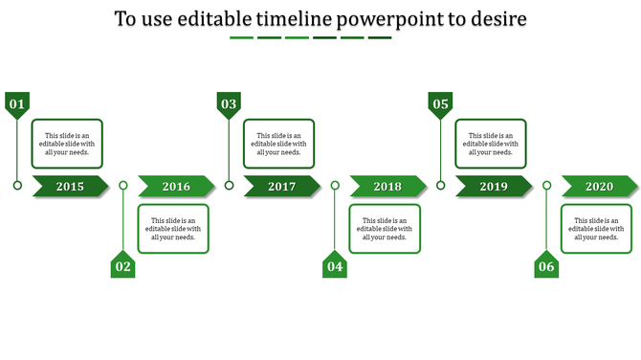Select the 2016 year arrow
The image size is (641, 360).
[176, 186]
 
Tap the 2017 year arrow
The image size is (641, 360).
[282, 186]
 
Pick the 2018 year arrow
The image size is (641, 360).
[387, 186]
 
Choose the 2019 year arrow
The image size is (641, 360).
[494, 186]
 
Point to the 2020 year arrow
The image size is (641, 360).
[599, 186]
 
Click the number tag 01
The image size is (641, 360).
[17, 103]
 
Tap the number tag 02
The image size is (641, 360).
[122, 266]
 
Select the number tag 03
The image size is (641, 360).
[229, 103]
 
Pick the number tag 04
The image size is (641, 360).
[334, 266]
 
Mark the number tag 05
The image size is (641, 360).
[440, 103]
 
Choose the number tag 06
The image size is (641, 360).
[545, 266]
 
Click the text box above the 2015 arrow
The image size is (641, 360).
[68, 144]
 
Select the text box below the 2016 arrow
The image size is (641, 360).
[173, 229]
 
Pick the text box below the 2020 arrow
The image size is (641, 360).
[596, 229]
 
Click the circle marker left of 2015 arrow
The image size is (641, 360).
[17, 186]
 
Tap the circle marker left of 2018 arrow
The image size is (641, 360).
[334, 186]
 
